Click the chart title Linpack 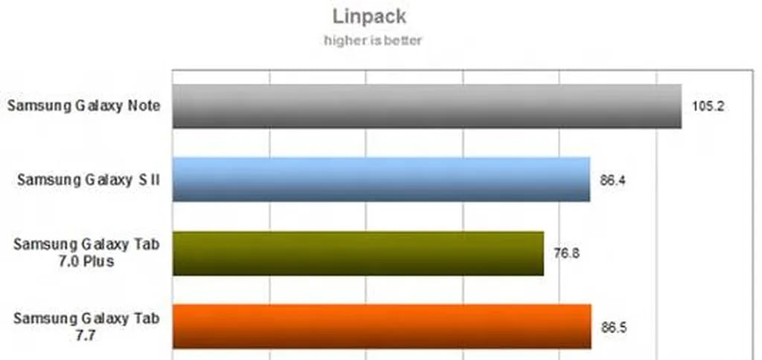click(369, 16)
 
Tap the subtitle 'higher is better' click(373, 40)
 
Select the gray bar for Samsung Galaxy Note click(427, 106)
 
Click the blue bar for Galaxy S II click(382, 179)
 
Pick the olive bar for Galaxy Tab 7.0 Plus click(358, 254)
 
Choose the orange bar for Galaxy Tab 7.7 click(382, 327)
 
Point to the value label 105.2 click(708, 106)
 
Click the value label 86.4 click(613, 181)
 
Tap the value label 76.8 click(566, 254)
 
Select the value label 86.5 click(614, 327)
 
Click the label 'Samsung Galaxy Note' click(83, 106)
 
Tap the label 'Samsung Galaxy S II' click(89, 180)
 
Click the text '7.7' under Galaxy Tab click(86, 335)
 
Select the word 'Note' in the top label click(143, 106)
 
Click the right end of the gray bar click(682, 106)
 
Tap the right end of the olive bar click(544, 254)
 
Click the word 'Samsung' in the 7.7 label click(42, 319)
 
